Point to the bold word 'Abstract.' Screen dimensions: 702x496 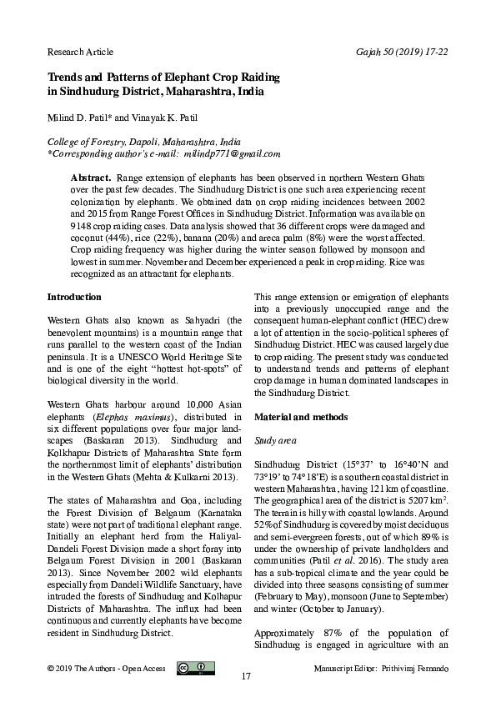(91, 178)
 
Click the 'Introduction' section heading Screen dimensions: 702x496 (74, 297)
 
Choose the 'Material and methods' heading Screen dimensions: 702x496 (300, 415)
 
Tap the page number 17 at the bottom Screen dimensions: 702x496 (246, 676)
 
